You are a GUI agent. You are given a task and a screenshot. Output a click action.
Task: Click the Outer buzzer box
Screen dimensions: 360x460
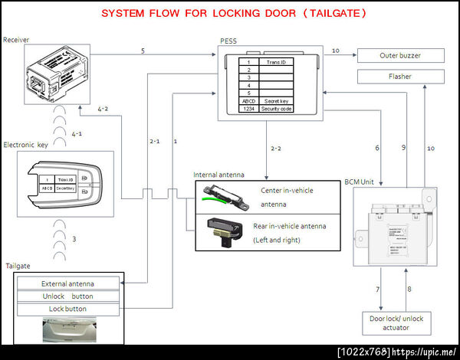399,55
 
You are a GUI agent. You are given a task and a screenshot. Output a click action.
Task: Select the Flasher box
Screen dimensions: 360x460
399,76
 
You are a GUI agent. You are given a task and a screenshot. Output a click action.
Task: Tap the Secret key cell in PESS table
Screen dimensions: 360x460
275,100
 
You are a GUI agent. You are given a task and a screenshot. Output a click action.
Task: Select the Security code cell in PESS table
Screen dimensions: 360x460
275,110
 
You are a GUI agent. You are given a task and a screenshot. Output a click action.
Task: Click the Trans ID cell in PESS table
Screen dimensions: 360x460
275,61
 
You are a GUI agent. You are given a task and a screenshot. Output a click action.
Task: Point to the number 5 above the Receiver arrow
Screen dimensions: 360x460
143,51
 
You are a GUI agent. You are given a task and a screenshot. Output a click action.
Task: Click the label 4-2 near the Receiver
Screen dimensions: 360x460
103,110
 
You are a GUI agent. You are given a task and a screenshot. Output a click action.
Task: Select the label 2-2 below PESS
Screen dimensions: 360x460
276,147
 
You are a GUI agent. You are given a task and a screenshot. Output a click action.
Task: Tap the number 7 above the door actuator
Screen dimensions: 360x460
378,289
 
